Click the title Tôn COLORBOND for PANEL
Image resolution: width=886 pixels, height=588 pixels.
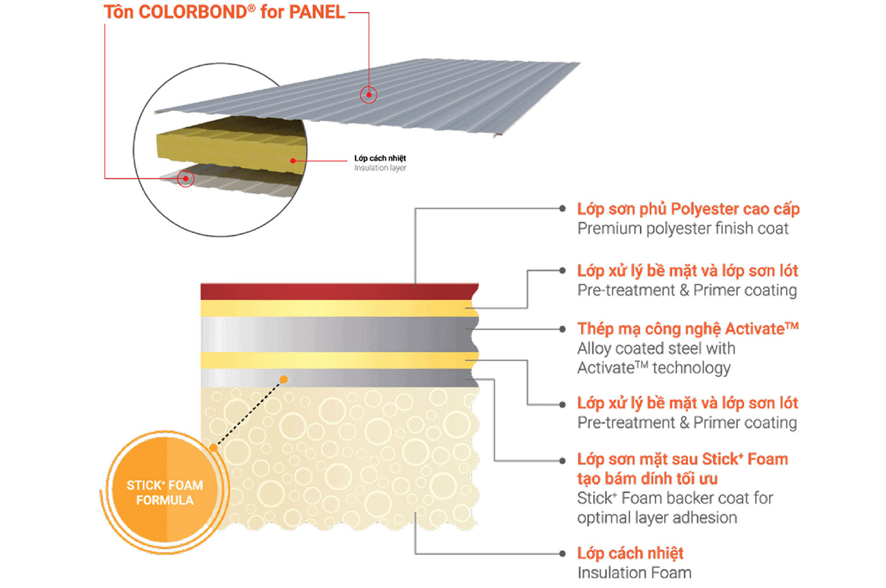(224, 12)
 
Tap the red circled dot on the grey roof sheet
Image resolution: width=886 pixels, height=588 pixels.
(368, 95)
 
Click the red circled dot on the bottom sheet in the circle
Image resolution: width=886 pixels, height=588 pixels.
(185, 178)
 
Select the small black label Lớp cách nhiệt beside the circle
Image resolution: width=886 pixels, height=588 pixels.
(380, 158)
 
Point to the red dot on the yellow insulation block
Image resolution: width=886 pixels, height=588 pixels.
(292, 161)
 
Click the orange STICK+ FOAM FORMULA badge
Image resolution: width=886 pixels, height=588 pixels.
(165, 492)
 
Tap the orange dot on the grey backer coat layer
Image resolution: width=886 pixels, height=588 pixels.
(284, 380)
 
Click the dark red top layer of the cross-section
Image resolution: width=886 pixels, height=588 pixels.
(339, 292)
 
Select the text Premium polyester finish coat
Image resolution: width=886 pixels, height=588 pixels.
(683, 228)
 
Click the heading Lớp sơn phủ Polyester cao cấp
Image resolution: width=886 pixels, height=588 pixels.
(689, 209)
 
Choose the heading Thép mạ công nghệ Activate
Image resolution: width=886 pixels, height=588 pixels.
(688, 329)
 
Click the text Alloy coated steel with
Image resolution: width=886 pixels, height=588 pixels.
(656, 349)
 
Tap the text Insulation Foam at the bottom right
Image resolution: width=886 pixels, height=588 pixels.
(634, 573)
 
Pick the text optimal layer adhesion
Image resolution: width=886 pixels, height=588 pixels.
(657, 518)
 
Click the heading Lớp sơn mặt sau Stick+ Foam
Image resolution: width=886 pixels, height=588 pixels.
(683, 460)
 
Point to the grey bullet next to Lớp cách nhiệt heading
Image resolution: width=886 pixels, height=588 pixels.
(562, 554)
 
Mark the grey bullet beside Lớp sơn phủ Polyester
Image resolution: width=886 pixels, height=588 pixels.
(562, 208)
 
